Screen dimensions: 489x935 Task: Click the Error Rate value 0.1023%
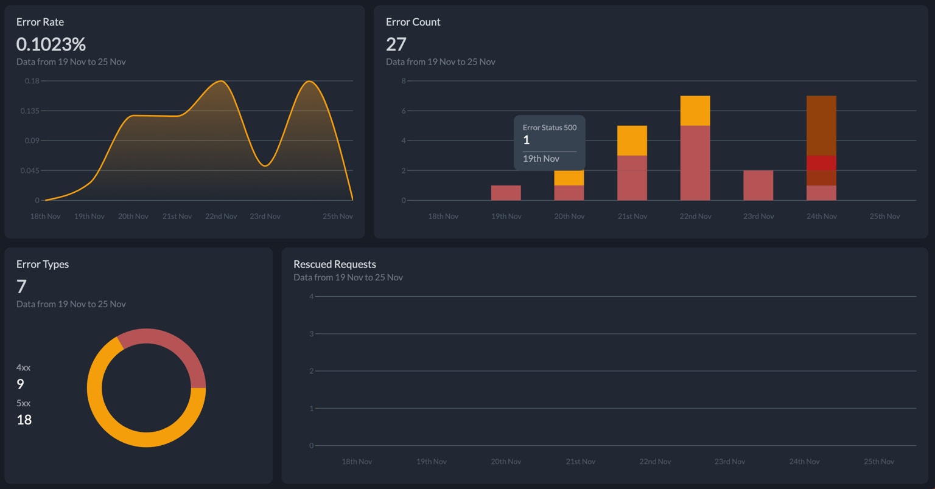pos(51,44)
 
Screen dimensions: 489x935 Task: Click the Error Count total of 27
pos(396,44)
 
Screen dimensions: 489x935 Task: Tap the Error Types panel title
pos(43,264)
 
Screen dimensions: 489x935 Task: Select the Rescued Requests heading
pos(335,264)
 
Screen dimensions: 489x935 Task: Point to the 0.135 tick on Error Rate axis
pos(30,111)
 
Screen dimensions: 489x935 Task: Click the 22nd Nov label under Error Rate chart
pos(221,217)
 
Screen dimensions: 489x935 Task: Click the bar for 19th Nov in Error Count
pos(506,193)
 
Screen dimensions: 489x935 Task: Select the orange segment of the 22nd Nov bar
pos(695,111)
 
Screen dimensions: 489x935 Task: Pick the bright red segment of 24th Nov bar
pos(821,163)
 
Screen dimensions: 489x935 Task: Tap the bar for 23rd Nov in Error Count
pos(758,186)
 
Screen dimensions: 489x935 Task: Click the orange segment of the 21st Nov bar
pos(632,140)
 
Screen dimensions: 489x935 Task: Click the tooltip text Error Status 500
pos(550,128)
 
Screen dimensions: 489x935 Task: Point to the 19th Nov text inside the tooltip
pos(541,159)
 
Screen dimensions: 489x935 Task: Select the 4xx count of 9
pos(20,384)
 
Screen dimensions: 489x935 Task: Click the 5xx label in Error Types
pos(23,403)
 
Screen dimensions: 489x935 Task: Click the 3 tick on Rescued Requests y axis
pos(312,334)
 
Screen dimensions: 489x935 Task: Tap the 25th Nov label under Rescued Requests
pos(879,462)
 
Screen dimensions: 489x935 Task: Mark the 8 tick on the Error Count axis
pos(403,81)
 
